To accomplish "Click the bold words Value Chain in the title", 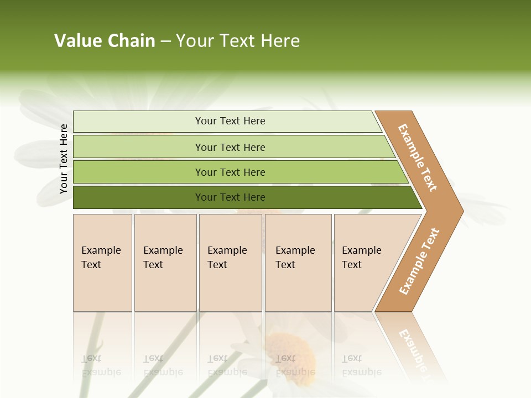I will (x=105, y=41).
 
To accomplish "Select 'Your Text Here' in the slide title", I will (x=238, y=41).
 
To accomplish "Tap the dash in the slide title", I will (x=165, y=41).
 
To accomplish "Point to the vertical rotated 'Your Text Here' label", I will (x=64, y=159).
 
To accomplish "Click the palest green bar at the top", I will (x=230, y=121).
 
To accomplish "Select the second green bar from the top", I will (x=230, y=147).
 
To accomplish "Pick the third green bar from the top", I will (x=230, y=172).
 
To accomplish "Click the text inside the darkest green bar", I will (x=230, y=197).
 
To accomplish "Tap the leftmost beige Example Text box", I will (x=102, y=262).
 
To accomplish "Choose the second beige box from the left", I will (x=165, y=262).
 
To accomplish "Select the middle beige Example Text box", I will (x=230, y=262).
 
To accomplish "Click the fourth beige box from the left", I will (x=298, y=262).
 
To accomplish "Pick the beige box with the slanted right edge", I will (x=365, y=262).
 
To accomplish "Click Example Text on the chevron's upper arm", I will (x=418, y=158).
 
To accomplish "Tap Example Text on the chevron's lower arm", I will (x=419, y=261).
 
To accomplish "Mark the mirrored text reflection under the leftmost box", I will (x=101, y=365).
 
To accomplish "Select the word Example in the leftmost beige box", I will (x=101, y=250).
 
